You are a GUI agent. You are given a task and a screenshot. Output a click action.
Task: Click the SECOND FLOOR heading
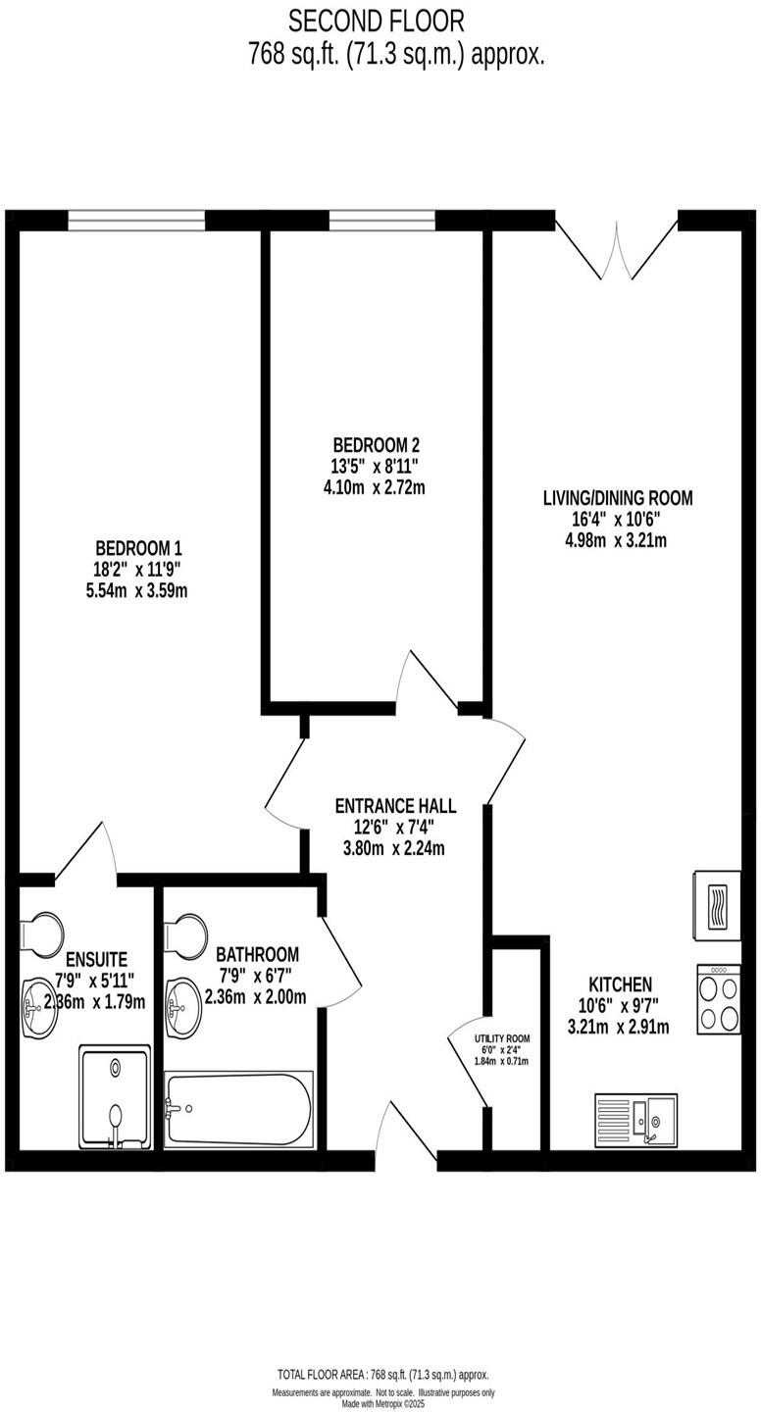click(x=377, y=20)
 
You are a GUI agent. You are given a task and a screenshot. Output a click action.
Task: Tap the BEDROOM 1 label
click(x=138, y=548)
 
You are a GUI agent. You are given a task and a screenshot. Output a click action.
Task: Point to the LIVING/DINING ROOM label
click(x=618, y=498)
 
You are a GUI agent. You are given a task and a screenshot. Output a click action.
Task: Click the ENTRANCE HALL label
click(x=395, y=806)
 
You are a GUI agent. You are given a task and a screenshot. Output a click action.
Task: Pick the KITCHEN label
click(x=620, y=983)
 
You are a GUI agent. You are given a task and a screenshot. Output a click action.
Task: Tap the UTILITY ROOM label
click(x=502, y=1038)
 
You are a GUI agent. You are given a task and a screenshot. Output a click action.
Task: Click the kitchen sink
click(x=635, y=1119)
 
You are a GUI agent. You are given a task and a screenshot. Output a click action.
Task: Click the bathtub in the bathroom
click(x=239, y=1109)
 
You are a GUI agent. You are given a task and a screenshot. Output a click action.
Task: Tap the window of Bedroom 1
click(x=136, y=221)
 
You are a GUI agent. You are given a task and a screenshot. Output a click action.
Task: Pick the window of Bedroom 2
click(x=381, y=221)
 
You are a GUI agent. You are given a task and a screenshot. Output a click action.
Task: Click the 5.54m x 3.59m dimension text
click(x=138, y=590)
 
